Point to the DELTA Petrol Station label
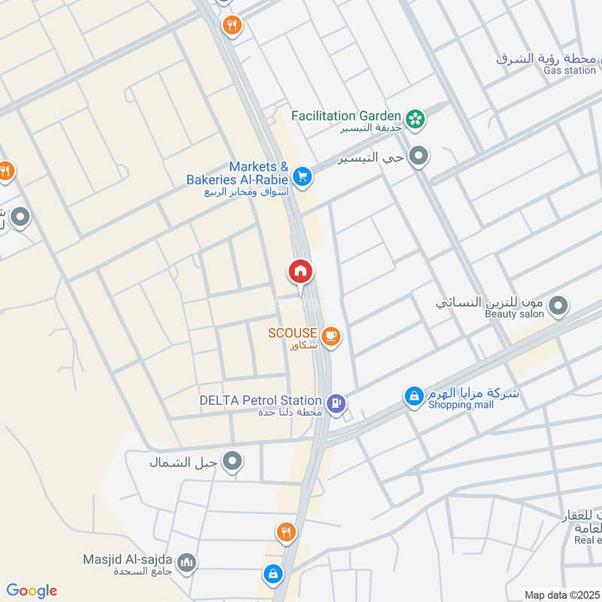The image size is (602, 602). (260, 400)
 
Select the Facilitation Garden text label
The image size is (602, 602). (345, 116)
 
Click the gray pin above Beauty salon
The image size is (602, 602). (558, 306)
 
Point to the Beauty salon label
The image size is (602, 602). (513, 314)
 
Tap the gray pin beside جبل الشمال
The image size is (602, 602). (234, 461)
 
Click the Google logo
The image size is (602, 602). (31, 591)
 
